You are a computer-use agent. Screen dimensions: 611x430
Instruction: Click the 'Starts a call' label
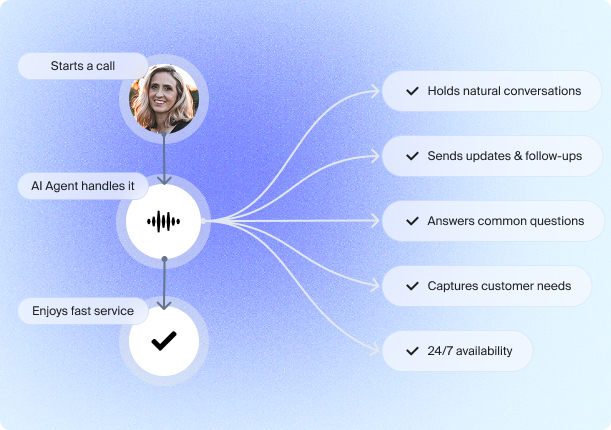83,66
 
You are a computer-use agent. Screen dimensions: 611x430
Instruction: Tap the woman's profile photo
164,99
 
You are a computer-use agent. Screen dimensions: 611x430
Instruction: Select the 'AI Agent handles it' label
83,186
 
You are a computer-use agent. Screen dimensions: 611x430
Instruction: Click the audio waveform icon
164,221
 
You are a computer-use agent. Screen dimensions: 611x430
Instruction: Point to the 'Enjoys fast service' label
83,311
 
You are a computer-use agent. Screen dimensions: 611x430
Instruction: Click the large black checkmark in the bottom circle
164,341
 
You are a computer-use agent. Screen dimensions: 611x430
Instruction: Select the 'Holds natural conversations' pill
492,91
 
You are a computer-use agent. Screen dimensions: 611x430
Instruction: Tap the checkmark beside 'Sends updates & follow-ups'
412,156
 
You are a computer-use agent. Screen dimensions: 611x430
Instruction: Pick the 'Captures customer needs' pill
487,286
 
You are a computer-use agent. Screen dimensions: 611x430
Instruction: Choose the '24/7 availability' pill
457,351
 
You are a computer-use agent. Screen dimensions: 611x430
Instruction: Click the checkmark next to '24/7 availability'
412,351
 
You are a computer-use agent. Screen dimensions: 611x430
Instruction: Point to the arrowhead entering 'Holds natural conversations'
375,91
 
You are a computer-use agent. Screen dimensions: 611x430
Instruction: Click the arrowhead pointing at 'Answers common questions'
375,221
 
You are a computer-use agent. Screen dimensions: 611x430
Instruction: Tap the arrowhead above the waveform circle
164,180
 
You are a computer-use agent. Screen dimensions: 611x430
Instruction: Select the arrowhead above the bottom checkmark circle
164,305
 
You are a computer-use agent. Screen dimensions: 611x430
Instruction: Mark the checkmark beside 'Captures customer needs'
412,286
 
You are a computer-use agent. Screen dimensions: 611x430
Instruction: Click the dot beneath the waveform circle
164,259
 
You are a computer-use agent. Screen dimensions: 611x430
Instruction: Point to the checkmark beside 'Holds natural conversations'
412,91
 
